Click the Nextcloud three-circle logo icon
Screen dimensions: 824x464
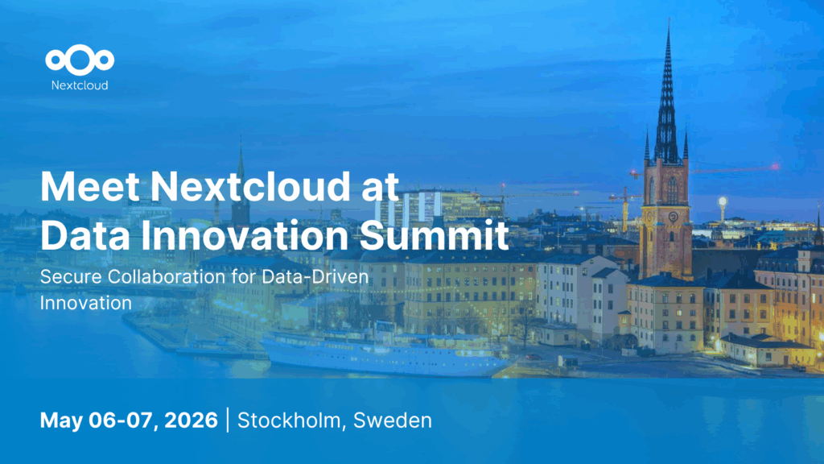click(x=80, y=60)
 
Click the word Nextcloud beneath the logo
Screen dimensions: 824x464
click(x=80, y=85)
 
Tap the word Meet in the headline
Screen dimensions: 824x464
click(x=90, y=187)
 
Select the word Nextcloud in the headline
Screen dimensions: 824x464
click(x=250, y=187)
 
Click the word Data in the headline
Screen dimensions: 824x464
click(x=85, y=235)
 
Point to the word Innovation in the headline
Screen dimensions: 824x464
click(x=245, y=235)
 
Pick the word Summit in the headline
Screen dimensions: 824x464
click(x=435, y=235)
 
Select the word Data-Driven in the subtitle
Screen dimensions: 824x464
click(x=315, y=277)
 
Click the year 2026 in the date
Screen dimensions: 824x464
click(x=192, y=420)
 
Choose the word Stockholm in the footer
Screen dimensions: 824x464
click(x=291, y=420)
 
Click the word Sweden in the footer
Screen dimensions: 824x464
click(x=393, y=420)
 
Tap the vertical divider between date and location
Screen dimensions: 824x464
click(x=228, y=420)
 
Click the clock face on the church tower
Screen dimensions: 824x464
click(x=673, y=216)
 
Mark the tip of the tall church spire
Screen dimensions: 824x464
click(x=669, y=19)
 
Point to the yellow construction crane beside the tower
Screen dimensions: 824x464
click(x=624, y=209)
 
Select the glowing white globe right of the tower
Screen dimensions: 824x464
click(x=723, y=201)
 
